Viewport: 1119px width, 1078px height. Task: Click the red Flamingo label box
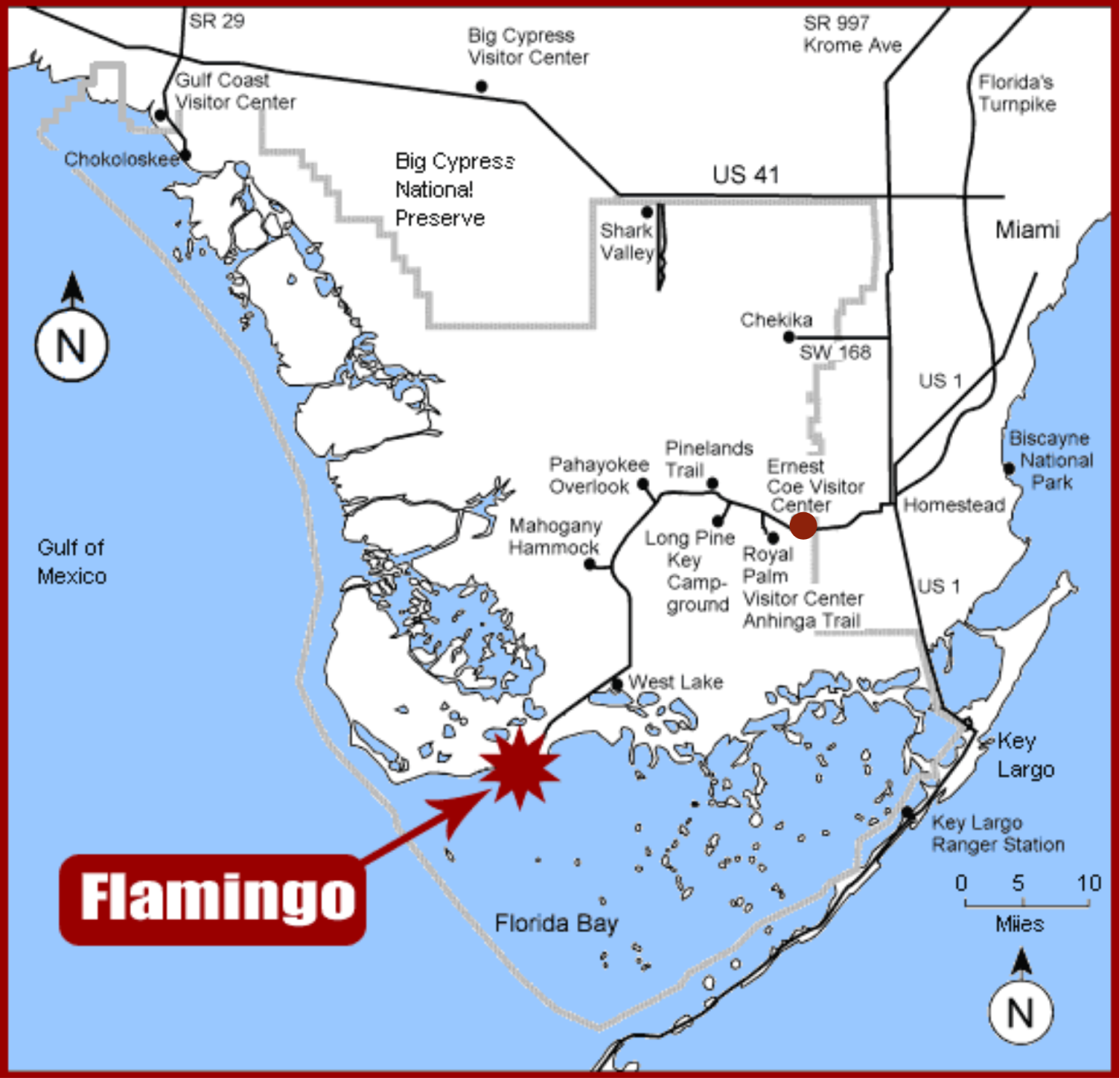point(212,900)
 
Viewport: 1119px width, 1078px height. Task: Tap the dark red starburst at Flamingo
point(519,767)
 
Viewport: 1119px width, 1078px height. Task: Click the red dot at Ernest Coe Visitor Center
point(803,525)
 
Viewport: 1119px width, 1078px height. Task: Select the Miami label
point(1027,230)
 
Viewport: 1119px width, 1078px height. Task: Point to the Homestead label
point(954,505)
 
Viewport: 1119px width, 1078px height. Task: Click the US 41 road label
point(745,175)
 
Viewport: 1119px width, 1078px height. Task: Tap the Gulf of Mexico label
point(71,562)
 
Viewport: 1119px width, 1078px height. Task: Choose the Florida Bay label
point(556,924)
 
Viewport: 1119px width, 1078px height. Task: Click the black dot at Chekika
point(788,337)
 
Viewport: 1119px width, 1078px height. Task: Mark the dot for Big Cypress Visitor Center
point(482,87)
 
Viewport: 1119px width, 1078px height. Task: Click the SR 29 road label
point(216,21)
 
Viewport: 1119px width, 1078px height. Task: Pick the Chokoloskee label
point(121,159)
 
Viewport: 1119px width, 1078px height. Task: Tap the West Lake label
point(675,682)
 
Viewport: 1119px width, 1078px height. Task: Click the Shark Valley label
point(627,241)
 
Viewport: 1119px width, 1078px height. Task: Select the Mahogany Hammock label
point(554,536)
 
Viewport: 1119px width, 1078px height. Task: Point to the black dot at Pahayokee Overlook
point(643,484)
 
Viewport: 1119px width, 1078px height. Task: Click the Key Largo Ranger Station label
point(997,833)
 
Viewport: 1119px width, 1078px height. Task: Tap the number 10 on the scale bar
point(1088,883)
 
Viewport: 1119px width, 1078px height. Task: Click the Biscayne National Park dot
point(1009,468)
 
